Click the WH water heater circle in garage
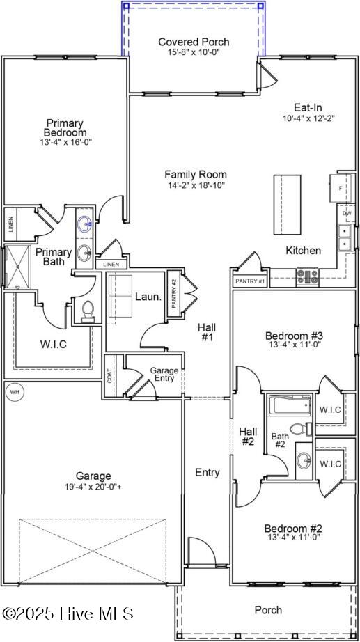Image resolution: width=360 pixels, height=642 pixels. [x=14, y=392]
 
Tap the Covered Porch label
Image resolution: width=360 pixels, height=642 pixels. [x=194, y=42]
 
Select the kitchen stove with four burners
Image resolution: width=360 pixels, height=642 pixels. [x=307, y=276]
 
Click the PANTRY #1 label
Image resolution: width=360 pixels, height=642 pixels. [x=249, y=281]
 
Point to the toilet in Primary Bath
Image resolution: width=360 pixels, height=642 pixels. [x=88, y=310]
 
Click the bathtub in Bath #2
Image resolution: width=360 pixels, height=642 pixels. [x=289, y=405]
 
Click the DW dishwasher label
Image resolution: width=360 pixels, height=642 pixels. [x=346, y=213]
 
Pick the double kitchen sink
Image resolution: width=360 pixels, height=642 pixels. [x=344, y=237]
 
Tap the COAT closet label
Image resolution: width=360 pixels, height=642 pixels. [x=109, y=377]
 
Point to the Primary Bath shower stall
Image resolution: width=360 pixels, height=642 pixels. [x=14, y=265]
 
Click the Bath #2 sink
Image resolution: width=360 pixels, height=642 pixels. [x=304, y=460]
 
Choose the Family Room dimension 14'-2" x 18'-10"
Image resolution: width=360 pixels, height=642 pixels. [x=195, y=185]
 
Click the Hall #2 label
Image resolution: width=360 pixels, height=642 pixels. [x=249, y=436]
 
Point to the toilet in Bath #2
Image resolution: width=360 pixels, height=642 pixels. [x=298, y=428]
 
